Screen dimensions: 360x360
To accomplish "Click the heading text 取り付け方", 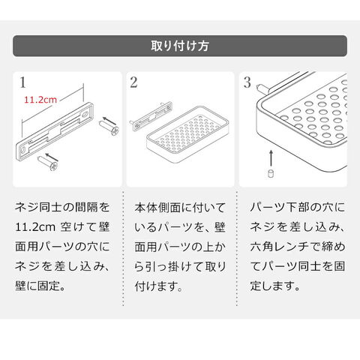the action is coord(180,46).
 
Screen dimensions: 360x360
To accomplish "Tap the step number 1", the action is coord(22,82).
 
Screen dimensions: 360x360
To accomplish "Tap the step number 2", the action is coord(133,82).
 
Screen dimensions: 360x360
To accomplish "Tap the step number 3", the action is coord(247,82).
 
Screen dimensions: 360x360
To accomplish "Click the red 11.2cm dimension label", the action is coord(40,100).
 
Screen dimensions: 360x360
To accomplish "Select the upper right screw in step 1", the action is coord(109,127).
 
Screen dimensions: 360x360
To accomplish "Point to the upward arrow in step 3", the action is coord(271,158).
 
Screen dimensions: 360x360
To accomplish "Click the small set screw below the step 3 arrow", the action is coord(270,173).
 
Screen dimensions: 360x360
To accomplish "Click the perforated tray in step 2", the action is coord(187,134).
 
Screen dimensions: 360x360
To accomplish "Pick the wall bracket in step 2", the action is coord(151,115).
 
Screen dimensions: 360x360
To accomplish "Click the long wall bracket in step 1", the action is coord(55,131).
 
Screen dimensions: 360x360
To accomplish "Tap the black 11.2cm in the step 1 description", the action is coord(35,227).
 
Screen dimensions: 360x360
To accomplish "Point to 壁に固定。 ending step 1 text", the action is coord(40,286).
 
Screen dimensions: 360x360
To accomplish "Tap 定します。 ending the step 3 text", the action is coord(274,286).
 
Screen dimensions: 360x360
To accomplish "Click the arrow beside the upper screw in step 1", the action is coord(109,121).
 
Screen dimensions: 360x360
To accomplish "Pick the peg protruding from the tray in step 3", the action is coord(263,88).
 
